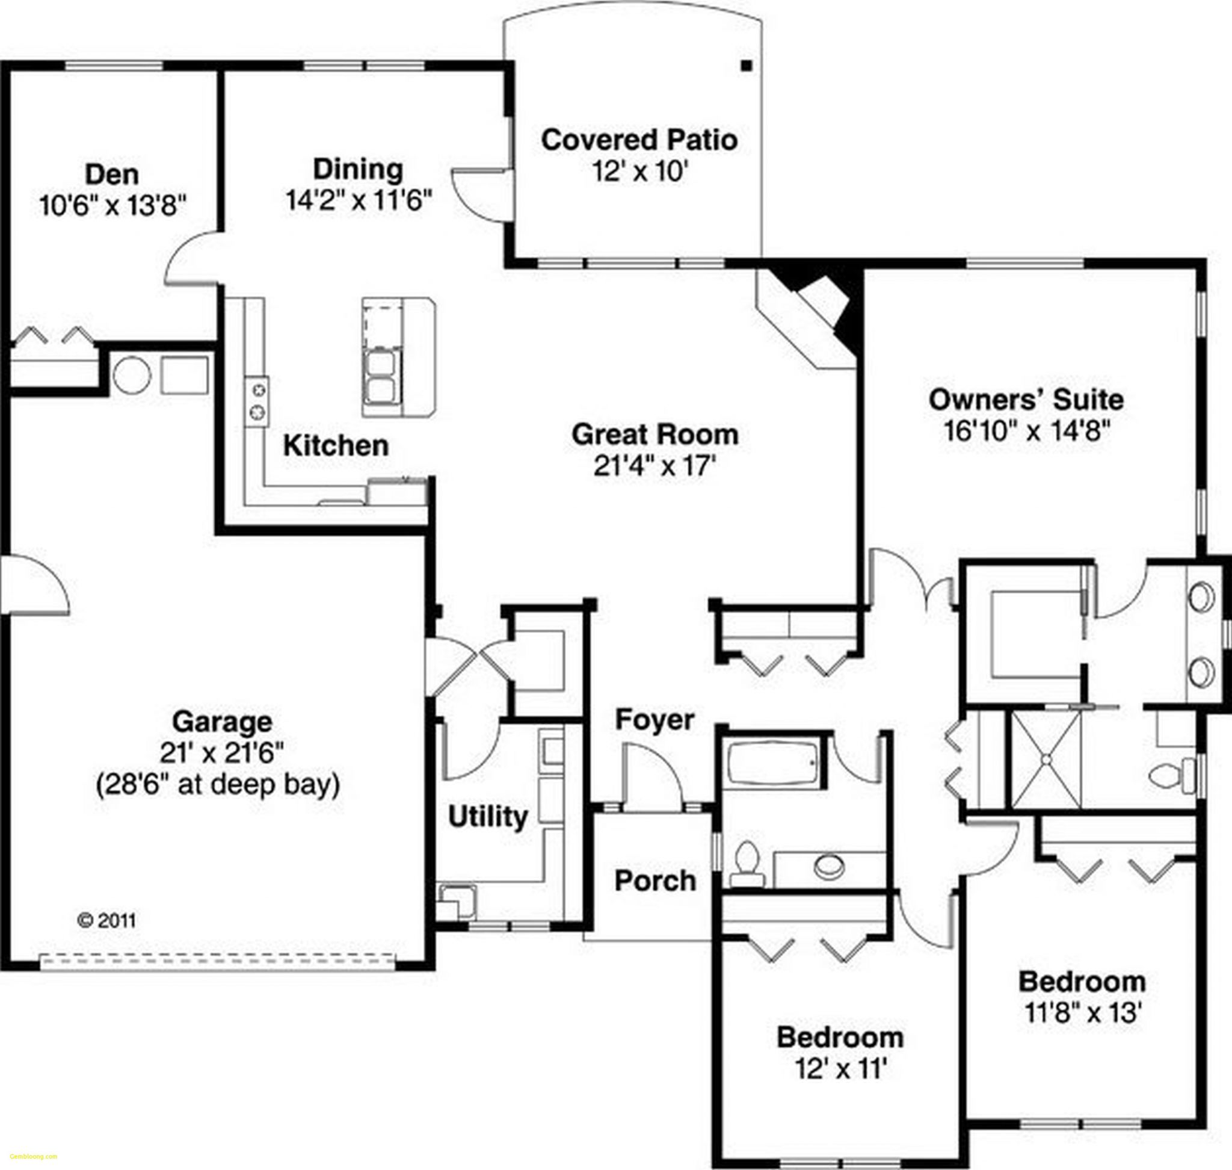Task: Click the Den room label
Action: tap(112, 174)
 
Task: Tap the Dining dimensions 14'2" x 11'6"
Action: tap(359, 200)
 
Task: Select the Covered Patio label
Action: tap(639, 140)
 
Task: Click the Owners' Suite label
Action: tap(1026, 399)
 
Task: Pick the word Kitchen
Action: tap(336, 445)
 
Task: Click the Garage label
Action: tap(222, 722)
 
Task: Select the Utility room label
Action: tap(487, 816)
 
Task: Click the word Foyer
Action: tap(654, 719)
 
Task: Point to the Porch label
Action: tap(654, 881)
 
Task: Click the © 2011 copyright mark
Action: tap(106, 921)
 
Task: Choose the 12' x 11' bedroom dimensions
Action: tap(840, 1069)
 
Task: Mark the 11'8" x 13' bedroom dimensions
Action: tap(1083, 1014)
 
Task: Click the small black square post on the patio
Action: tap(747, 65)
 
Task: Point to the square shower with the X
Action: tap(1046, 760)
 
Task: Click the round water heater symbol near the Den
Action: tap(132, 376)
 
